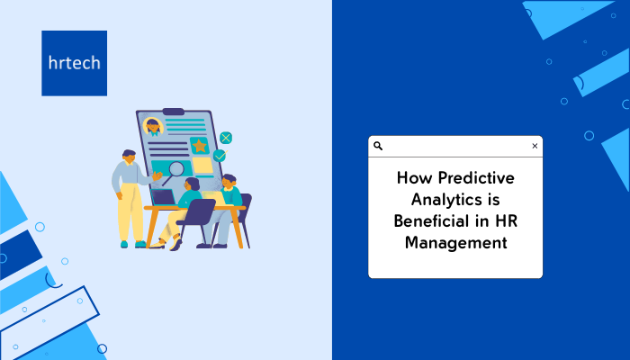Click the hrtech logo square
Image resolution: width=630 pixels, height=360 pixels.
pyautogui.click(x=75, y=63)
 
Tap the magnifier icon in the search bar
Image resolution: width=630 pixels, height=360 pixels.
pyautogui.click(x=378, y=146)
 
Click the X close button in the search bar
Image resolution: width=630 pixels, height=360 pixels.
pyautogui.click(x=535, y=146)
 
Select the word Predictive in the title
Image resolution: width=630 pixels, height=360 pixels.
pyautogui.click(x=476, y=178)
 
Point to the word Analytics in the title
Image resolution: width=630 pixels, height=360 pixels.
pyautogui.click(x=445, y=200)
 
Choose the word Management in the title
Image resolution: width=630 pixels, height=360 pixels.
pyautogui.click(x=455, y=243)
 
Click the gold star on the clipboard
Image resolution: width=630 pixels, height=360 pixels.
pyautogui.click(x=199, y=146)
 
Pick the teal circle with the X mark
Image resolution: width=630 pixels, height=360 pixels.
pyautogui.click(x=226, y=139)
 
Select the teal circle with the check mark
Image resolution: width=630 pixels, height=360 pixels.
pyautogui.click(x=220, y=156)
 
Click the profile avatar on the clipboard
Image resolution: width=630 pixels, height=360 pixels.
pyautogui.click(x=153, y=127)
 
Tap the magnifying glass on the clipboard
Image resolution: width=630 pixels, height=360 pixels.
pyautogui.click(x=173, y=172)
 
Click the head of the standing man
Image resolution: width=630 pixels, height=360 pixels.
pyautogui.click(x=129, y=157)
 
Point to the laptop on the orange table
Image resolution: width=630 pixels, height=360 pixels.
pyautogui.click(x=163, y=198)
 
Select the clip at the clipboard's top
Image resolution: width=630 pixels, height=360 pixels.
pyautogui.click(x=173, y=112)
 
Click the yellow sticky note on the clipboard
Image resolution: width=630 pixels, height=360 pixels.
pyautogui.click(x=202, y=165)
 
